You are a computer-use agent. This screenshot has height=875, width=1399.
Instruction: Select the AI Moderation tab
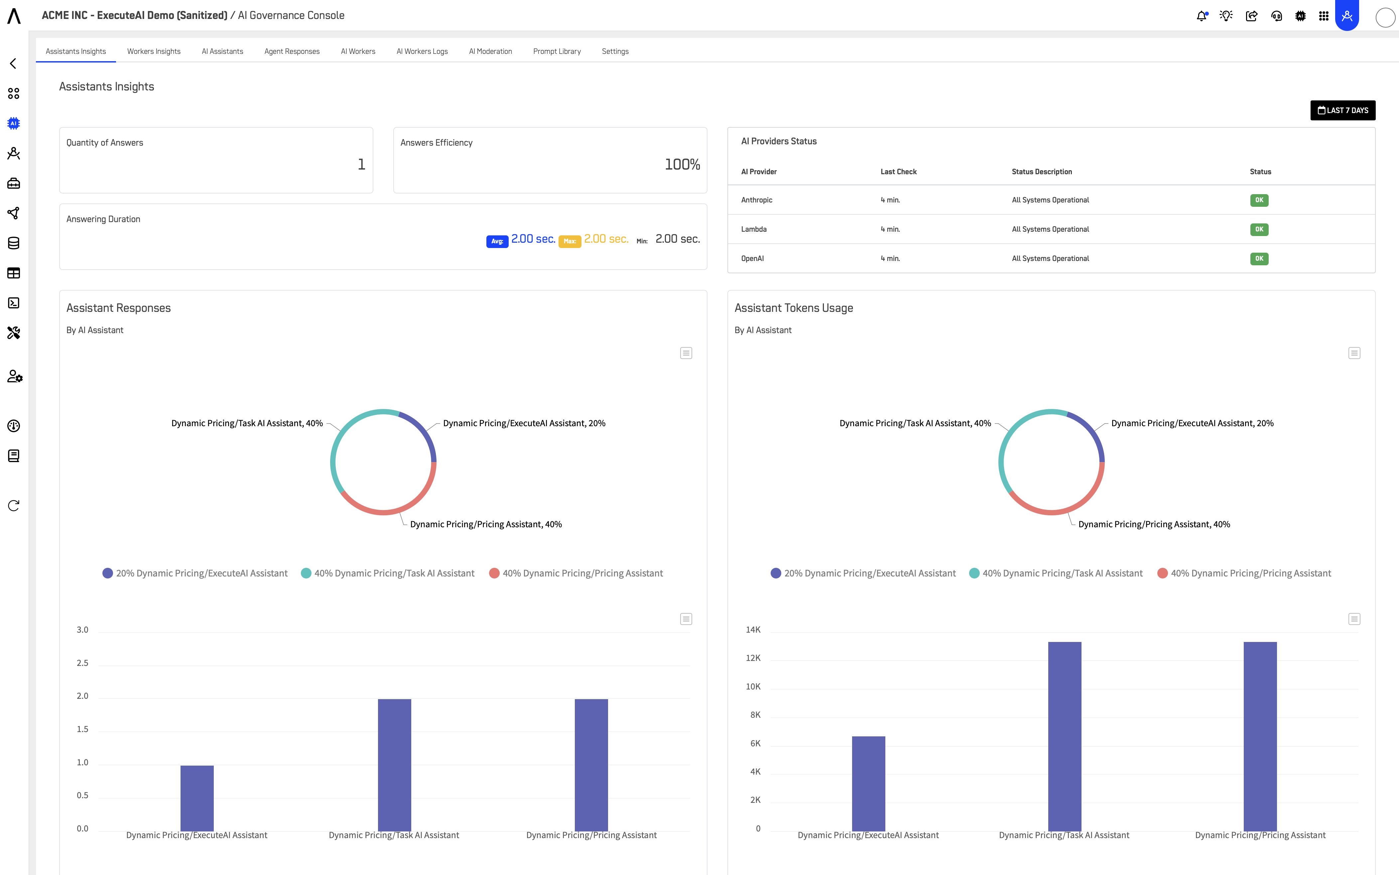coord(490,52)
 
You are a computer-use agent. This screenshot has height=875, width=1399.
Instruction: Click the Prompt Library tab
coord(557,52)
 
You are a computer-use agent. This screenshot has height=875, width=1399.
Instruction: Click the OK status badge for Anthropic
coord(1259,200)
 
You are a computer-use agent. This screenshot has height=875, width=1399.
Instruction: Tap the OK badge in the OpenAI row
coord(1259,259)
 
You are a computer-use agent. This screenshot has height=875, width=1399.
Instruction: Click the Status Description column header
coord(1042,172)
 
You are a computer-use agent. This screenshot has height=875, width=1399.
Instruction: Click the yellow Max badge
coord(569,241)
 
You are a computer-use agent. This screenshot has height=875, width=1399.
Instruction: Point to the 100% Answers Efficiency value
coord(682,165)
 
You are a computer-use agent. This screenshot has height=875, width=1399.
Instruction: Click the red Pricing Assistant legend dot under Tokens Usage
coord(1162,573)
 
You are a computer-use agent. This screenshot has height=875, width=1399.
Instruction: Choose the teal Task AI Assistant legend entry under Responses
coord(388,573)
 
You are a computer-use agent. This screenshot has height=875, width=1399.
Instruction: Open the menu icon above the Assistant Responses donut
coord(686,353)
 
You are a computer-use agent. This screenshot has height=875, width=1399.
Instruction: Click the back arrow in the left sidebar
coord(13,63)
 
